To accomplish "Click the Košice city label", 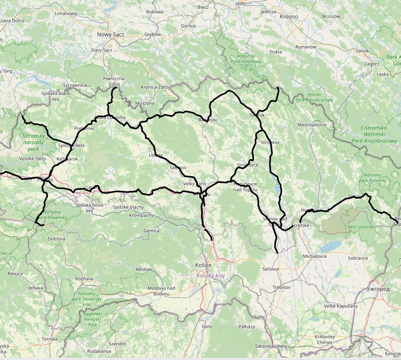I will [203, 265].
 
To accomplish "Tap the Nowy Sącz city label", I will [110, 35].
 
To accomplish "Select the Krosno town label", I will [289, 16].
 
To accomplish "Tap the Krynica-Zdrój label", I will [155, 87].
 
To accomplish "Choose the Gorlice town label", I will [188, 26].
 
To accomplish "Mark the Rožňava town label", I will [84, 278].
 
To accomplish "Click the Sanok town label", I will [362, 51].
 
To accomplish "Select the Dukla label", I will [276, 52].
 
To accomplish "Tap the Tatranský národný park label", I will [33, 142].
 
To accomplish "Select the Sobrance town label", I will [358, 258].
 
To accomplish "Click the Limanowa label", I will [65, 13].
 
